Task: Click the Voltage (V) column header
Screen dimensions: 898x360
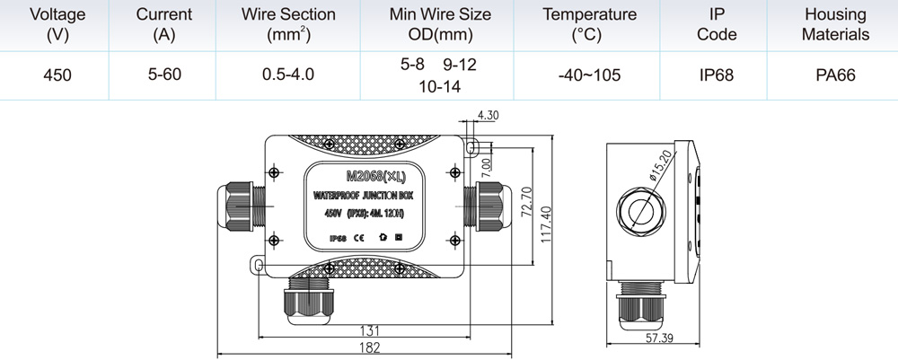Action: click(57, 24)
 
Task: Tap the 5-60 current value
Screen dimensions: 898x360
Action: click(164, 74)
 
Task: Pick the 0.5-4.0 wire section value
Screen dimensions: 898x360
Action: click(288, 74)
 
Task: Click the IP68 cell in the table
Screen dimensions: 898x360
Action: click(716, 75)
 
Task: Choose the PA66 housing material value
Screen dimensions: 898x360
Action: click(835, 75)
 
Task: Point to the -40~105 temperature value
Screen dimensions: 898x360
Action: click(589, 75)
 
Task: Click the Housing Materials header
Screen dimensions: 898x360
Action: click(835, 24)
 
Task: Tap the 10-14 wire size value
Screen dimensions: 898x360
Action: click(440, 86)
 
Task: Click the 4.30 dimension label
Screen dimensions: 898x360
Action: click(488, 115)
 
